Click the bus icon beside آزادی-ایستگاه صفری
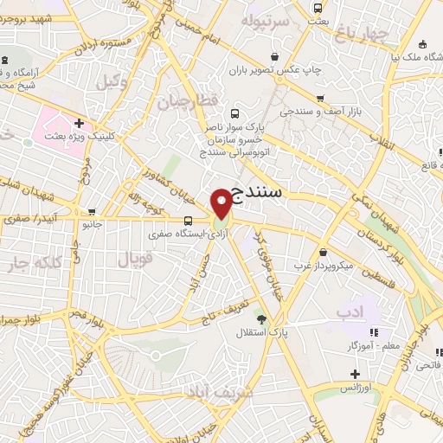point(189,220)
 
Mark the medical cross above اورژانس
point(355,375)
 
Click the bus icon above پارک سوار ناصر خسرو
point(234,113)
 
